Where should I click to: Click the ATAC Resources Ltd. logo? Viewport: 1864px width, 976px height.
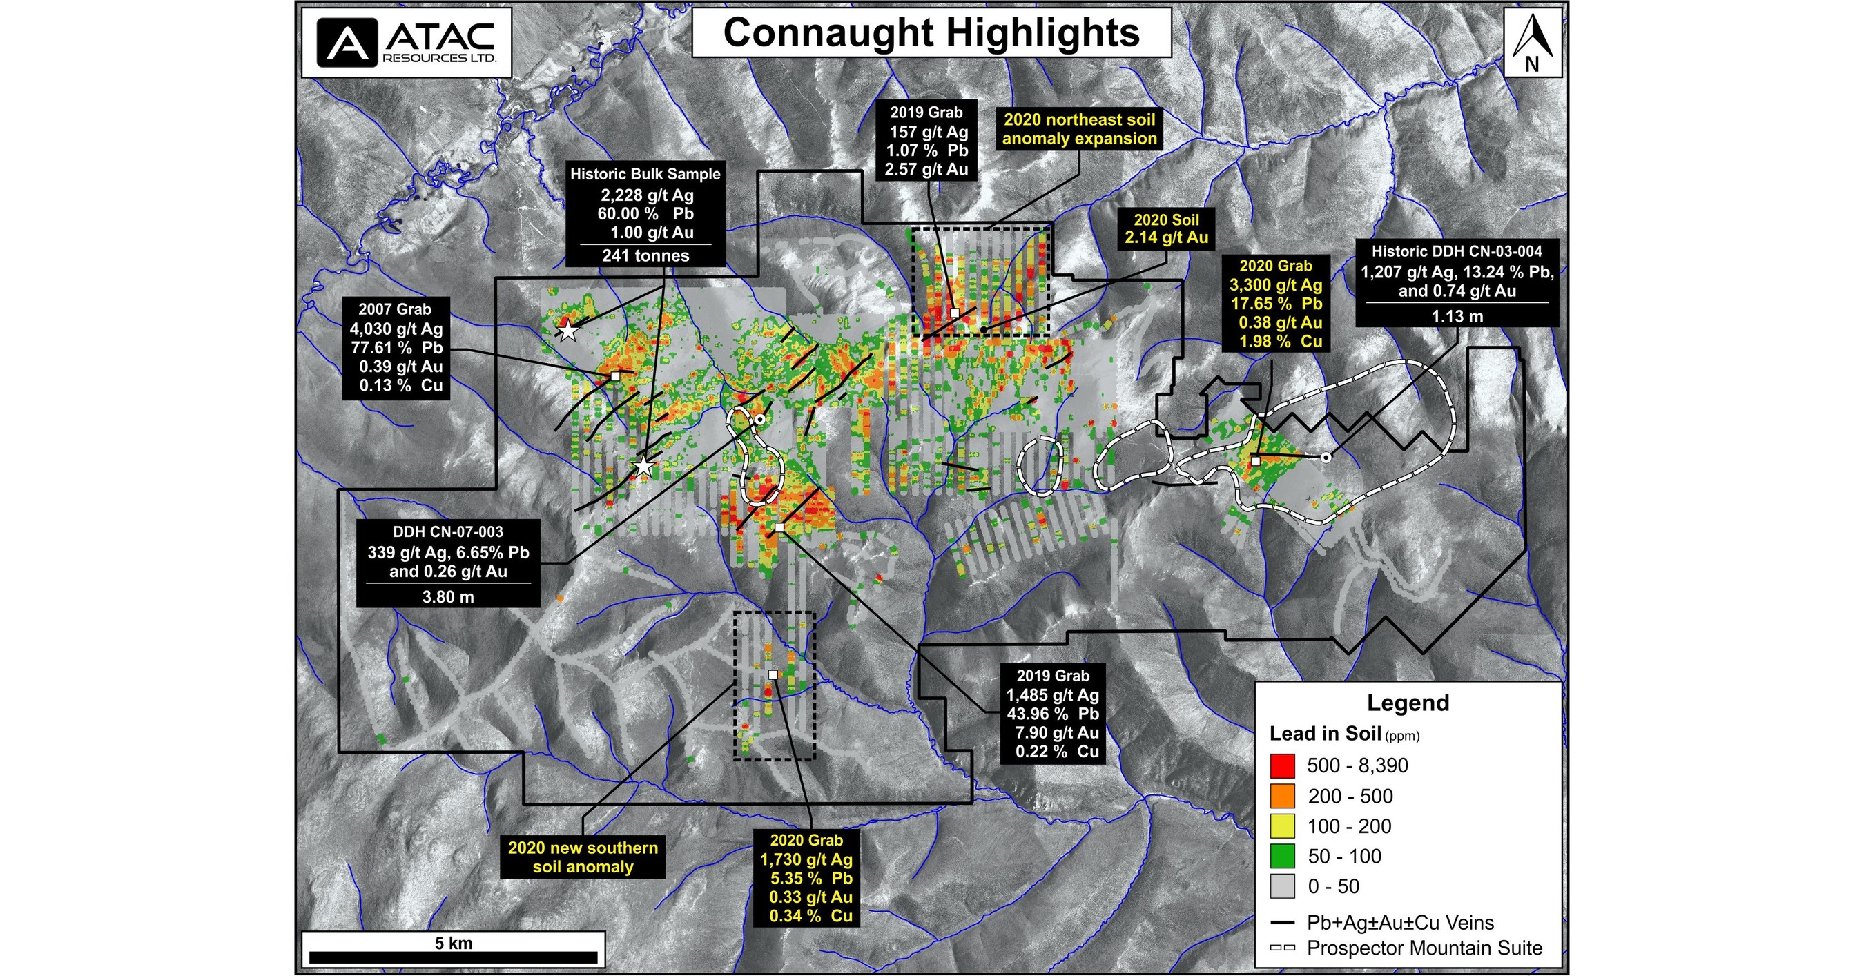tap(407, 42)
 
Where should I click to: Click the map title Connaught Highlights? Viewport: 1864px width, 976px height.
tap(931, 33)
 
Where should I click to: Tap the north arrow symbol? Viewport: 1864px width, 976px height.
tap(1532, 42)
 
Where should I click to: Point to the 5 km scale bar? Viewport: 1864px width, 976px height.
tap(453, 957)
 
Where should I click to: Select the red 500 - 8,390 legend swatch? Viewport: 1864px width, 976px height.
tap(1282, 765)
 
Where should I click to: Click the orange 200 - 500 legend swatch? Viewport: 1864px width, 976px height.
tap(1282, 796)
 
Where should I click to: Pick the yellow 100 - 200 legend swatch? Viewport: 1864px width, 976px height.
tap(1282, 826)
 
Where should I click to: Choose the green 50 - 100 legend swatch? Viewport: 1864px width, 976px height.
tap(1282, 856)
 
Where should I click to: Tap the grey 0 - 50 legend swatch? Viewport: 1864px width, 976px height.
tap(1282, 886)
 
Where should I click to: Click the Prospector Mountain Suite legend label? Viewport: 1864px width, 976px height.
tap(1424, 948)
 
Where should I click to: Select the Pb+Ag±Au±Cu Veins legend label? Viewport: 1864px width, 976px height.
tap(1399, 922)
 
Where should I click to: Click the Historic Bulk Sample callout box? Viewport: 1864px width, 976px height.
tap(645, 214)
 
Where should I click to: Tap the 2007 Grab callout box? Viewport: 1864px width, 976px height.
tap(396, 347)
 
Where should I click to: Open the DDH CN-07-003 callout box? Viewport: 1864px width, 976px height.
tap(448, 563)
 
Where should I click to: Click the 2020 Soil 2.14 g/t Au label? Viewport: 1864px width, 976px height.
tap(1167, 228)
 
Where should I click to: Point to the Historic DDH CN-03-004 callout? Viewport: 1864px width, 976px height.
tap(1457, 282)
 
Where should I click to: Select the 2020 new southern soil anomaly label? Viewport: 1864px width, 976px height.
tap(583, 857)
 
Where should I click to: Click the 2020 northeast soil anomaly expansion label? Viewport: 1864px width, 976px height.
tap(1080, 129)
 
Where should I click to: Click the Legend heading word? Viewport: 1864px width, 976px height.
tap(1408, 703)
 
